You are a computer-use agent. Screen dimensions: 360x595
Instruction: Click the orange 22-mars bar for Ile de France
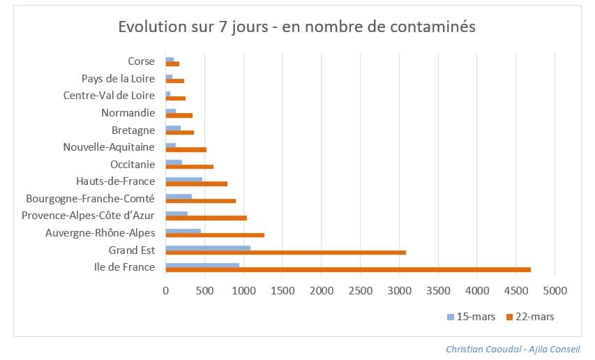tap(348, 269)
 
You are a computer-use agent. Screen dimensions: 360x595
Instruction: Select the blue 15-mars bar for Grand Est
tap(208, 247)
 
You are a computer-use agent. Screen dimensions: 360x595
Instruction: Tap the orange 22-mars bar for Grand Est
tap(286, 253)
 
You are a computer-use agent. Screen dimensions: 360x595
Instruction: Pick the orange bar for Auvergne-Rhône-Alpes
tap(215, 235)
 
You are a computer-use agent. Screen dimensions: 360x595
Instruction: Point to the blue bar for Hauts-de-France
tap(184, 179)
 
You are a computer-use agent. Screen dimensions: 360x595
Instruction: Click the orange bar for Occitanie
tap(190, 167)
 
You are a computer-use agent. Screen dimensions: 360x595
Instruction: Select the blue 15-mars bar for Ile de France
tap(202, 264)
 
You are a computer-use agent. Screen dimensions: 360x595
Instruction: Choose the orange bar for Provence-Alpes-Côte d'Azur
tap(206, 218)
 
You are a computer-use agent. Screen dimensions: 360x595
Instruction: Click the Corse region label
tap(141, 61)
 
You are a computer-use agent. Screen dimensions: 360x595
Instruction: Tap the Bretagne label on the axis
tap(133, 130)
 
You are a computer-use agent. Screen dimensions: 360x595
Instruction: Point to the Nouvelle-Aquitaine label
tap(109, 147)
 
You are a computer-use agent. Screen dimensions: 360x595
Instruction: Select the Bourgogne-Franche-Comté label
tap(90, 199)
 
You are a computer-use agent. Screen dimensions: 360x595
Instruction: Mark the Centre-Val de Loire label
tap(109, 96)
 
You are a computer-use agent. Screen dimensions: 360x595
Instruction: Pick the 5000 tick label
tap(555, 288)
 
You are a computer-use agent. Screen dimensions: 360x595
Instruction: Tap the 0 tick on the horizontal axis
tap(166, 288)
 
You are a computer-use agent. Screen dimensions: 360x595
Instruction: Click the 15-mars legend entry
tap(472, 317)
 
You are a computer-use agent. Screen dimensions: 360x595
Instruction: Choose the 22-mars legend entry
tap(531, 317)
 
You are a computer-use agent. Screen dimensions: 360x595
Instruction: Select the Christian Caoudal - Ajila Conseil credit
tap(513, 349)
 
